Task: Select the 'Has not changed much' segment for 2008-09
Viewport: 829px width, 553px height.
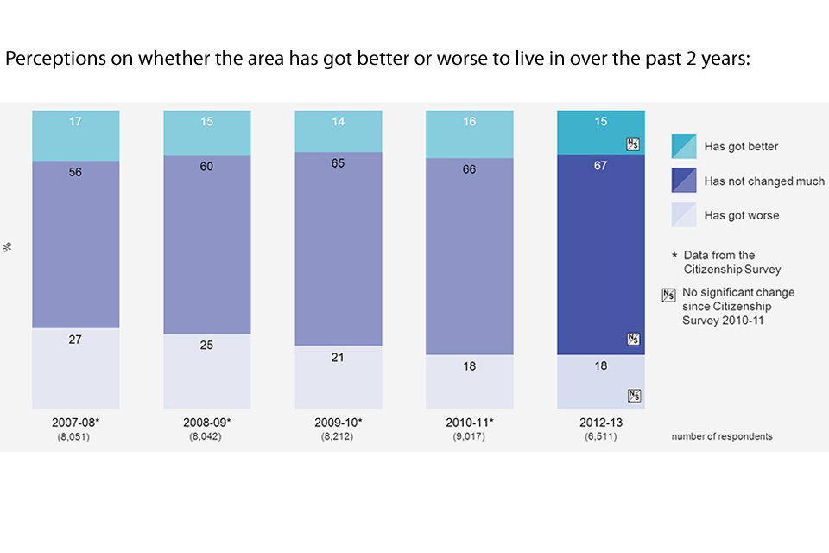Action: [207, 245]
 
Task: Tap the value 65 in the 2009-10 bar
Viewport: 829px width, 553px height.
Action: [339, 161]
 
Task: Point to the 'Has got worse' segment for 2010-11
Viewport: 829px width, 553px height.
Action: [470, 381]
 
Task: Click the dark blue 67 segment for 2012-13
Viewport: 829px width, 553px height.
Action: [601, 255]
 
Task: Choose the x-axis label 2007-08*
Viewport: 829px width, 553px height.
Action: [75, 424]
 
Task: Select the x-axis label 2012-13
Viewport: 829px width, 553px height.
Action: [601, 424]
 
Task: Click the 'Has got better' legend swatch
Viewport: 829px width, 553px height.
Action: [684, 146]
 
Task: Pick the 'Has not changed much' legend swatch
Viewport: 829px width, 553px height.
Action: [684, 181]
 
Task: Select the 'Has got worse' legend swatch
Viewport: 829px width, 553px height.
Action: [684, 215]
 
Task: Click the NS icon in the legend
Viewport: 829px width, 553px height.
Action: [668, 294]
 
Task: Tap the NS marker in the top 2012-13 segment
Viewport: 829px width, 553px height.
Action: [634, 144]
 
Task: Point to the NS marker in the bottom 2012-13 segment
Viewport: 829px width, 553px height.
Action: [634, 396]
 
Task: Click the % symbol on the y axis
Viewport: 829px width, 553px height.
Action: [8, 247]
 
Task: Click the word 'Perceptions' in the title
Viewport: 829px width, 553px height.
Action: [47, 60]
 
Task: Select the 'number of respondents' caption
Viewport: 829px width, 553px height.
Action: [722, 436]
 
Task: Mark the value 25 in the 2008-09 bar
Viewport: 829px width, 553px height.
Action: [207, 346]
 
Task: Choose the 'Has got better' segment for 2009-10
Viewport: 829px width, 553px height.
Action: [339, 131]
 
